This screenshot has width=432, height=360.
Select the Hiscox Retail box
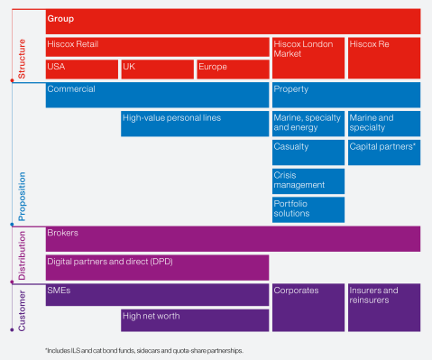(x=157, y=47)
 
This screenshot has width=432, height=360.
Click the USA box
(x=81, y=69)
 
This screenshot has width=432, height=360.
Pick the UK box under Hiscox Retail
(x=156, y=69)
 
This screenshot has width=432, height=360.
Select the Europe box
(x=232, y=69)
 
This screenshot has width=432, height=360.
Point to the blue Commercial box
(x=157, y=95)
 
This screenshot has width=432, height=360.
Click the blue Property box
(x=345, y=95)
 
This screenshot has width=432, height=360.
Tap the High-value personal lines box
(x=195, y=124)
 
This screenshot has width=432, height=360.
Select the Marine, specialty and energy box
(x=308, y=124)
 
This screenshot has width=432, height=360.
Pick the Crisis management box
(x=308, y=180)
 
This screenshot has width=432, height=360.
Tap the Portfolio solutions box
(x=308, y=209)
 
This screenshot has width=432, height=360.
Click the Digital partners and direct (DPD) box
(x=157, y=266)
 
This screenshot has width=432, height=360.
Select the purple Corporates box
(x=308, y=308)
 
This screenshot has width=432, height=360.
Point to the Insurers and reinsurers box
(x=383, y=308)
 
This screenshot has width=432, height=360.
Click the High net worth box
(x=195, y=319)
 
